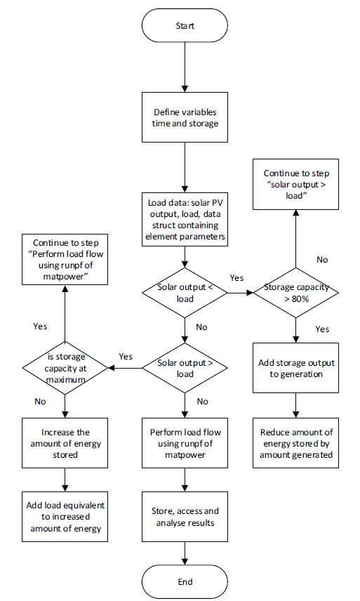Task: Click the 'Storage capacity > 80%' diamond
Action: pos(295,293)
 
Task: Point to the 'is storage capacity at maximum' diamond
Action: pos(64,368)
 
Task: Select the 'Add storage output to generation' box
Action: pos(295,368)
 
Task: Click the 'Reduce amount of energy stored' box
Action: pos(295,444)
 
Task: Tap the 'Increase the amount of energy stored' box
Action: pos(64,443)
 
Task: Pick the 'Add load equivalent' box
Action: pos(64,517)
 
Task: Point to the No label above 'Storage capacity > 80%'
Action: pos(322,259)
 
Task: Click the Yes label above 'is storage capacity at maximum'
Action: pos(41,326)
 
